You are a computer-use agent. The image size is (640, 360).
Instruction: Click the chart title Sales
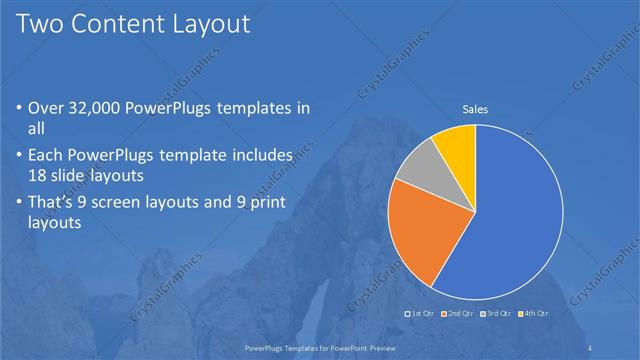(x=475, y=109)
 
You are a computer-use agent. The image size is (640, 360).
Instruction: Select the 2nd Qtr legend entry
(x=459, y=314)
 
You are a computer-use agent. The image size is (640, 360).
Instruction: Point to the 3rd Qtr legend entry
(x=497, y=314)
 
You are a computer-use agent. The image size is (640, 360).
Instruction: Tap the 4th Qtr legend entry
(x=534, y=314)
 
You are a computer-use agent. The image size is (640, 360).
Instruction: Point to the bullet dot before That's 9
(x=20, y=202)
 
